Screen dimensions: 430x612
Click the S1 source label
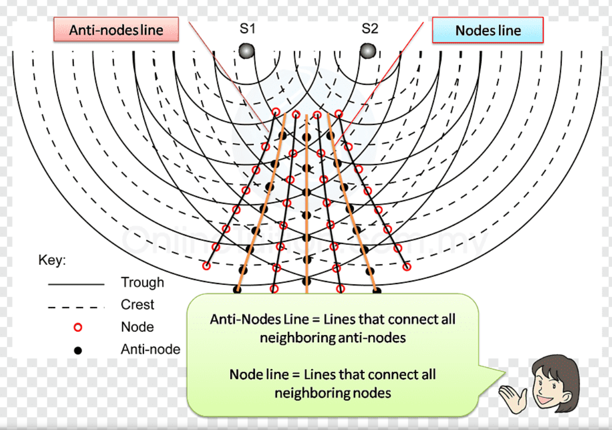point(247,29)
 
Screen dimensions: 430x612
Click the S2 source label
point(370,29)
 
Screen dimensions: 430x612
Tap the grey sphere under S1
point(246,51)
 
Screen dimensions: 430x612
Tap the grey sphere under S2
point(368,51)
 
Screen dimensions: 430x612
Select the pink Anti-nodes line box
point(116,30)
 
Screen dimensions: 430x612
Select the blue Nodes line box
point(488,30)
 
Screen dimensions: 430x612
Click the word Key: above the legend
point(52,260)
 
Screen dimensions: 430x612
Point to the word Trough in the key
point(142,282)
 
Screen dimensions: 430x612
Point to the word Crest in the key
point(137,305)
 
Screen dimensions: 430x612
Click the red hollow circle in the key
point(78,328)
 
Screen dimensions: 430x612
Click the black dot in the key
point(78,350)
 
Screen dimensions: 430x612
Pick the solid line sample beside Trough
point(76,284)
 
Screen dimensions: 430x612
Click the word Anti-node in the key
point(150,349)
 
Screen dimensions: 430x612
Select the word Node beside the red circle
point(137,327)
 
